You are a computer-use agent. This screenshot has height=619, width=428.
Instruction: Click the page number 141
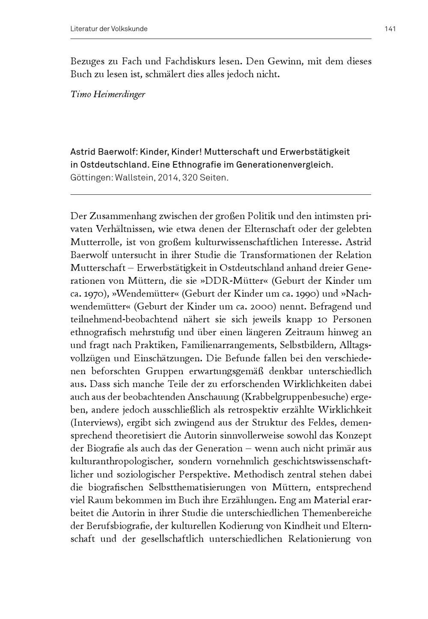click(390, 29)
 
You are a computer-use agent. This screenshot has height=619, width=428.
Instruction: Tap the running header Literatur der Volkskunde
click(109, 29)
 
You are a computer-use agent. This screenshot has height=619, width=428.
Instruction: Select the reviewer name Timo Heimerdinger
click(108, 94)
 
